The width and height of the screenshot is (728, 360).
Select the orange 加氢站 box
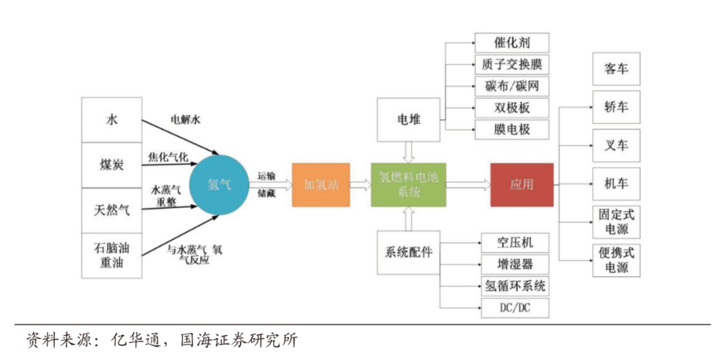[322, 185]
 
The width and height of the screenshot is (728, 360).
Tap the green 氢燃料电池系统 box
[409, 185]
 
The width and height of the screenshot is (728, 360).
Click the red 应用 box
[521, 185]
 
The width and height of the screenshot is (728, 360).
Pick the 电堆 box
[408, 120]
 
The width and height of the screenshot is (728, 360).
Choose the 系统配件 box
[408, 252]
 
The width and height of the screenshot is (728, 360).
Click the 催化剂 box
[512, 43]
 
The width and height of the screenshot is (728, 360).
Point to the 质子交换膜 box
[512, 65]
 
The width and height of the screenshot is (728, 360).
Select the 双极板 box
[512, 108]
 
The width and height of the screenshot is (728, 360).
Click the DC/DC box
[515, 308]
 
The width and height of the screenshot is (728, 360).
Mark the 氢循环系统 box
[515, 286]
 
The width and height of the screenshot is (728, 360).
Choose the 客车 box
[616, 68]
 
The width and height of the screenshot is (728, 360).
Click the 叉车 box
[616, 146]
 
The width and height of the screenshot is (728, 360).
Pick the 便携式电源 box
[616, 260]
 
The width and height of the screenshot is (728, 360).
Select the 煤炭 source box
[112, 165]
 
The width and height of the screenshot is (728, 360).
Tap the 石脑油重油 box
[112, 255]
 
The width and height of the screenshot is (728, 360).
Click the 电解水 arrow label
[185, 121]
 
